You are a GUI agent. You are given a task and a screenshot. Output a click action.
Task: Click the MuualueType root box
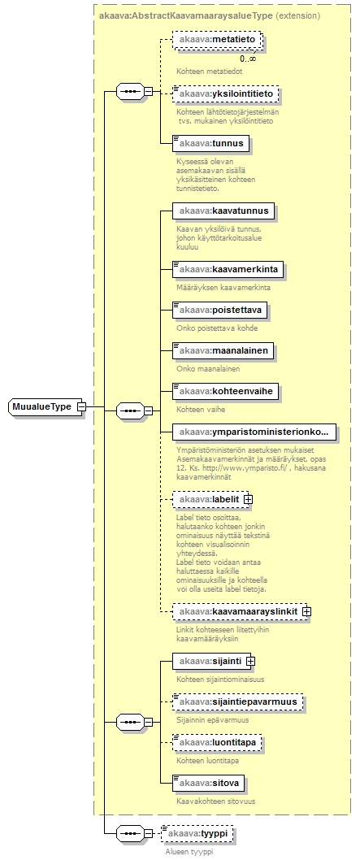(45, 407)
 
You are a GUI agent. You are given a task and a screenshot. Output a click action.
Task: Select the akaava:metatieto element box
(218, 40)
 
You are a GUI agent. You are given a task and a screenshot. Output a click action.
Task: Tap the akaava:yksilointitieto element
(226, 94)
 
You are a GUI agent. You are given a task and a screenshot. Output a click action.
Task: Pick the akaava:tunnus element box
(211, 143)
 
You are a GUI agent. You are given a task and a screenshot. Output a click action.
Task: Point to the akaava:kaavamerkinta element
(228, 269)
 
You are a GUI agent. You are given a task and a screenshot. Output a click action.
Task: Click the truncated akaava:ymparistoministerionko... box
(254, 432)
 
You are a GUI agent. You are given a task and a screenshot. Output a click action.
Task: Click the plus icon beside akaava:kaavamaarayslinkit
(307, 610)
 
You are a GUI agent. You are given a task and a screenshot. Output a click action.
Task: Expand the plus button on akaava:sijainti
(250, 662)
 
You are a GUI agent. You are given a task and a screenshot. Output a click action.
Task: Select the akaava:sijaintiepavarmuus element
(238, 702)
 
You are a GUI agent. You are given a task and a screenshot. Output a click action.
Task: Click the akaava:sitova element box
(209, 784)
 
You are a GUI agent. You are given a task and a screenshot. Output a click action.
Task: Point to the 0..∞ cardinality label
(247, 59)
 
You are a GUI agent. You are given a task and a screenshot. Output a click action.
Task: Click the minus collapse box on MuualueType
(81, 407)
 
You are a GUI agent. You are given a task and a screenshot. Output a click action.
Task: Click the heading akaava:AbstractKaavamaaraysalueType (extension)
(210, 16)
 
